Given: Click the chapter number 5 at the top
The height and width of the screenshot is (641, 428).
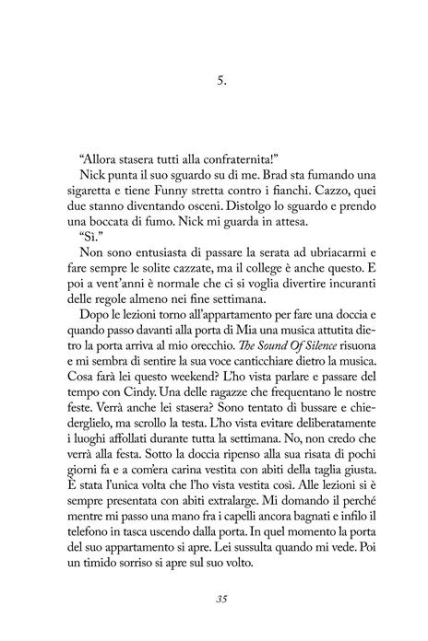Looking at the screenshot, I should click(213, 81).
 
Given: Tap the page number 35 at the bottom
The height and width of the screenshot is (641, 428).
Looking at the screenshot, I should click(214, 600).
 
